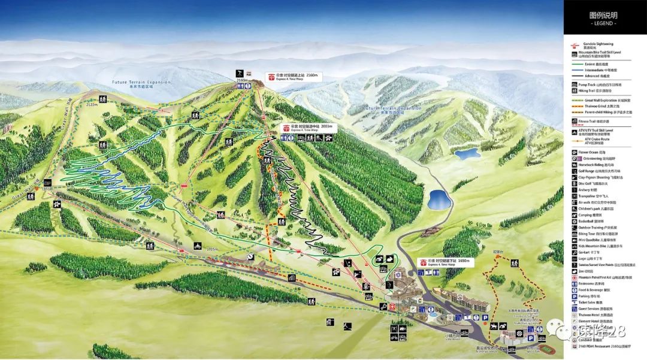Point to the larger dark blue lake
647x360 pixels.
[439, 199]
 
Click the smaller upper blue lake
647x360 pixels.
[467, 153]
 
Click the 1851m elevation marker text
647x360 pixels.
[48, 189]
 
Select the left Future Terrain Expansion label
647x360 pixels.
[141, 83]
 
